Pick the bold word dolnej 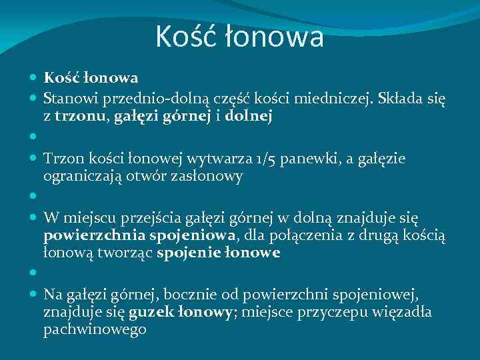pos(249,117)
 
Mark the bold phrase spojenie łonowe pos(218,253)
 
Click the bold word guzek pos(147,312)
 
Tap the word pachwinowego pos(95,330)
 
